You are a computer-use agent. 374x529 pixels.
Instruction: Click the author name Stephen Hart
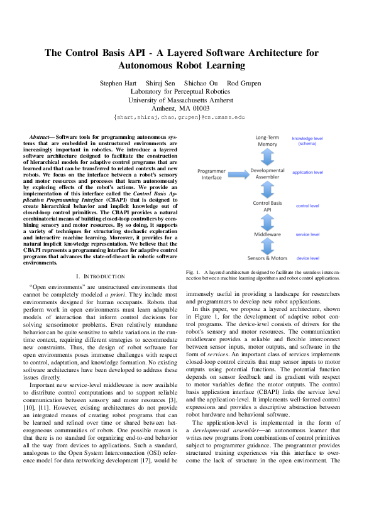[x=120, y=84]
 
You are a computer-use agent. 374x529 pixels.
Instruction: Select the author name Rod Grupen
[x=244, y=84]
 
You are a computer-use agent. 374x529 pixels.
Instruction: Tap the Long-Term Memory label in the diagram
[x=267, y=140]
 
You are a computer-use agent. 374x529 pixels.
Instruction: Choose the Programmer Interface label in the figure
[x=211, y=174]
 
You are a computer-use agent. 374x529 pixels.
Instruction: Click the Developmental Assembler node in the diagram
[x=268, y=174]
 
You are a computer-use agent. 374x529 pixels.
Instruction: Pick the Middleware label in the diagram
[x=268, y=234]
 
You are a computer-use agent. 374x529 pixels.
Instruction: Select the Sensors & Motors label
[x=268, y=258]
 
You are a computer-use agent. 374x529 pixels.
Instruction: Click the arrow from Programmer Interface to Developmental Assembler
[x=238, y=175]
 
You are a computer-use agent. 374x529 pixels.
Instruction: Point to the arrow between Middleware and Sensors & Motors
[x=268, y=246]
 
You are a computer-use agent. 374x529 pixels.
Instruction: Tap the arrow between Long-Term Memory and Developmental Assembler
[x=268, y=157]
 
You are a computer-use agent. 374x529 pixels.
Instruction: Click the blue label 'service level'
[x=307, y=234]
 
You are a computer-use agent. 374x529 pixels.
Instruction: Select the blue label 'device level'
[x=307, y=258]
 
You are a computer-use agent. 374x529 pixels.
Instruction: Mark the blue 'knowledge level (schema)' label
[x=307, y=141]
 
